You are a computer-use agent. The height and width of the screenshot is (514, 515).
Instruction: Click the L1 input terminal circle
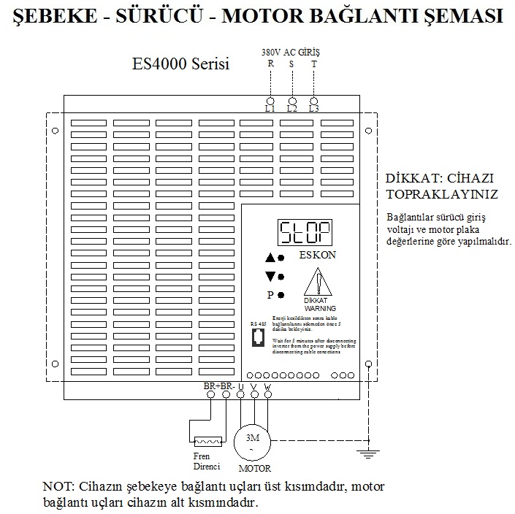[x=270, y=99]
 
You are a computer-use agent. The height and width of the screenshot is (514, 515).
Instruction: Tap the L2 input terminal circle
[x=292, y=99]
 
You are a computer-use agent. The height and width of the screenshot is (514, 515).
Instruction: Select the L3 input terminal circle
[x=314, y=99]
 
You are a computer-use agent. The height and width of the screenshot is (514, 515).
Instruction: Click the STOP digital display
[x=305, y=233]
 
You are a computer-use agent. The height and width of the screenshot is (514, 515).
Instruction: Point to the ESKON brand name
[x=318, y=256]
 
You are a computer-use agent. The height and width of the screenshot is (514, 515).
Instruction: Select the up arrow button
[x=270, y=258]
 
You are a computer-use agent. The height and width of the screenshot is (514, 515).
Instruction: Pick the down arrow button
[x=270, y=276]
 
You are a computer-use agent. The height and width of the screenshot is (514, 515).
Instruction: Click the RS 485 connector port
[x=257, y=337]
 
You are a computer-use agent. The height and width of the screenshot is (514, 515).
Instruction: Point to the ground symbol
[x=367, y=455]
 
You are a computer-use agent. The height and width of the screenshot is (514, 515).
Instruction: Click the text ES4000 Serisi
[x=180, y=64]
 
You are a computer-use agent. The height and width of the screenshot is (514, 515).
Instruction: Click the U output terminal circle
[x=240, y=394]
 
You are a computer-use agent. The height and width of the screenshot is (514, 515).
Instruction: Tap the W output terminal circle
[x=268, y=394]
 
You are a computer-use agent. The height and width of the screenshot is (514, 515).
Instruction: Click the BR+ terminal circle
[x=212, y=394]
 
